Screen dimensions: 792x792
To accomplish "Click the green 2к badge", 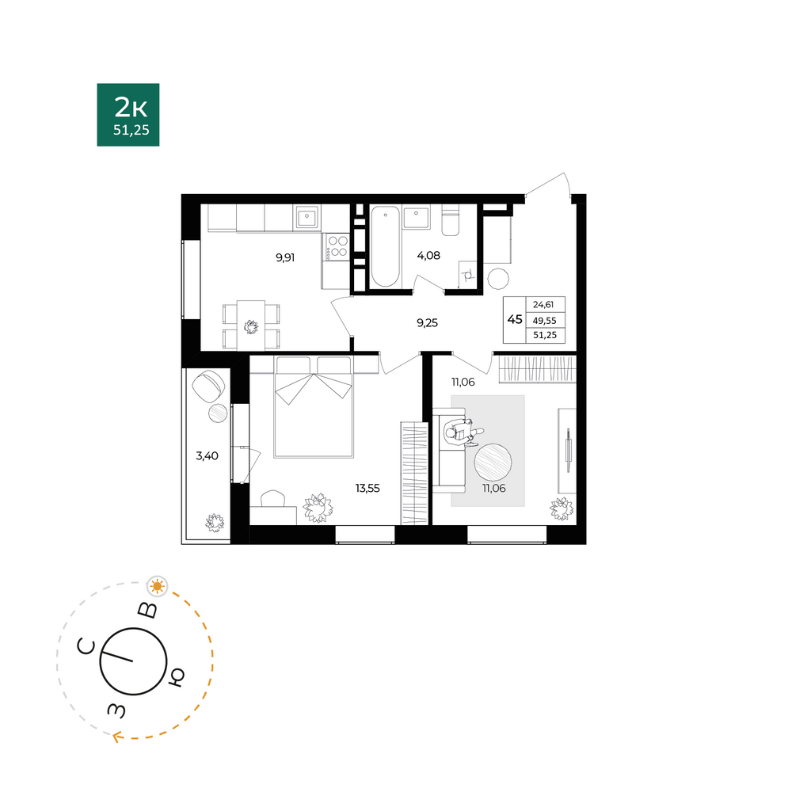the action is [128, 115].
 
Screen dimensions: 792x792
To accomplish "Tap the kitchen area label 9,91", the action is [285, 257].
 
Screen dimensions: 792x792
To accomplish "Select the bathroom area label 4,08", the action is [428, 256].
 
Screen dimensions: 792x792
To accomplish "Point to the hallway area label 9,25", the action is [428, 323].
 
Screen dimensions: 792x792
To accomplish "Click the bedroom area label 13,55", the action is [367, 489].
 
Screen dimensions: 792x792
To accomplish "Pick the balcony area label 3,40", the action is [207, 456].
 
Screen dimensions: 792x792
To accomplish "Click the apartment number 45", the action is [515, 319].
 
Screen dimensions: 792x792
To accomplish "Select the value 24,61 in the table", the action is [543, 305].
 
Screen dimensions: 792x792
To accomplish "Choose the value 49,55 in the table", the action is [545, 320].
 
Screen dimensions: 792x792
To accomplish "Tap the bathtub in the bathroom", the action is [386, 246].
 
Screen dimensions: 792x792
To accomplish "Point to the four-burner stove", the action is [337, 247].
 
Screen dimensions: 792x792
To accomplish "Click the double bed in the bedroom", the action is [313, 407].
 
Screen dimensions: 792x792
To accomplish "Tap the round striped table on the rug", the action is [493, 463].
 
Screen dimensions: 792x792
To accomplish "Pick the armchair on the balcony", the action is [208, 386].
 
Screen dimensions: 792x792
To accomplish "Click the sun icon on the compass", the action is [157, 586].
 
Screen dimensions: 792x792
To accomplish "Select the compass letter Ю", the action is [176, 677].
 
